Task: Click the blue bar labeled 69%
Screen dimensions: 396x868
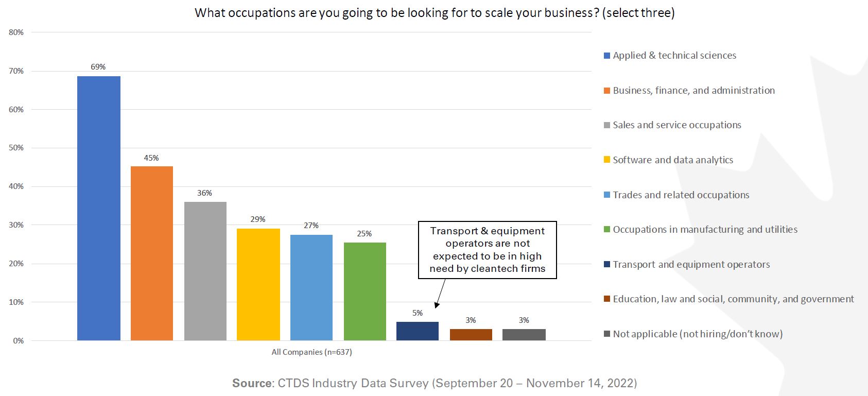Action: [x=98, y=208]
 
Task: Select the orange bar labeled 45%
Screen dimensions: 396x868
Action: [x=151, y=253]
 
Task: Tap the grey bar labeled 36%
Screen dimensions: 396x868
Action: [x=205, y=271]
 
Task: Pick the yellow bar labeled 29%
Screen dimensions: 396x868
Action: [x=258, y=284]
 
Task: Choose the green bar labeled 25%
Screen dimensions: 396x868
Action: [x=364, y=291]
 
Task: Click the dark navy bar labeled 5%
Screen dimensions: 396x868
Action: [x=418, y=331]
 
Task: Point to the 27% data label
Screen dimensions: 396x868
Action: [x=311, y=226]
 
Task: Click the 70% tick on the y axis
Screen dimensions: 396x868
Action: [x=16, y=71]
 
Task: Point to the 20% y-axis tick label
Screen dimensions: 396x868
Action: [x=16, y=264]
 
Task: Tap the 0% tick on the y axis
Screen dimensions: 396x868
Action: [x=18, y=341]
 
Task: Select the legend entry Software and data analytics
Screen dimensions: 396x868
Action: [x=672, y=160]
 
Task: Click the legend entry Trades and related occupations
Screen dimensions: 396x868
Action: [x=681, y=195]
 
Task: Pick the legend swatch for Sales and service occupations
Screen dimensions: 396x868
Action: [x=607, y=125]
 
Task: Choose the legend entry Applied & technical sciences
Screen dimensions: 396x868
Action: [x=674, y=56]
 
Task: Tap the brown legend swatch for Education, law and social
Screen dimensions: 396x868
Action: [x=607, y=299]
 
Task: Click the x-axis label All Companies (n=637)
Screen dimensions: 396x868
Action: [x=311, y=352]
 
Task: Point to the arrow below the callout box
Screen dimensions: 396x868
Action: [x=440, y=293]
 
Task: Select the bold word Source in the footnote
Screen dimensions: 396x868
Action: [x=252, y=383]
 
